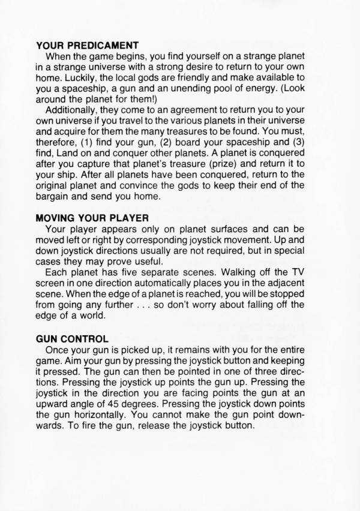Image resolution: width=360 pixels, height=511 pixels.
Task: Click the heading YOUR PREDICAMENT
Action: tap(88, 44)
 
